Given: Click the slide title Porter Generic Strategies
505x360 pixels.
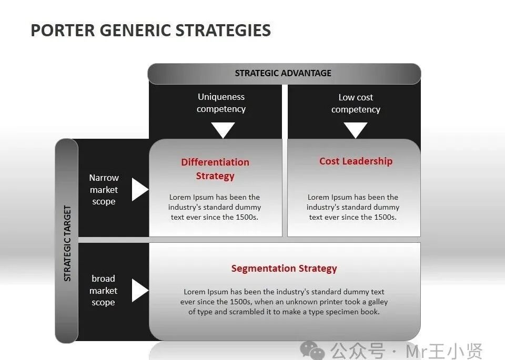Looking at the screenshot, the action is (x=150, y=30).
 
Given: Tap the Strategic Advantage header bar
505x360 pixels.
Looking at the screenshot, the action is (x=284, y=74).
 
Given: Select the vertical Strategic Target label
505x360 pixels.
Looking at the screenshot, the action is (x=67, y=243).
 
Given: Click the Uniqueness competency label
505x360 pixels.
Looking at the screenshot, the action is (x=221, y=103).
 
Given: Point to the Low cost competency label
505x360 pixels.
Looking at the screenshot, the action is (x=356, y=104).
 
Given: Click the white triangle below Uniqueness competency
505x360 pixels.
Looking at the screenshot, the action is (x=223, y=129).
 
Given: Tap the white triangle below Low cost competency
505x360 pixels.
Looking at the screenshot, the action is (x=356, y=129).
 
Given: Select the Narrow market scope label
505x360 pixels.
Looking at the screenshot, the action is (x=104, y=190).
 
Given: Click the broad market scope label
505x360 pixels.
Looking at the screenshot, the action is (x=103, y=291).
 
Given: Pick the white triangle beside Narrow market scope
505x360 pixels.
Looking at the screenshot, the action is (x=139, y=189).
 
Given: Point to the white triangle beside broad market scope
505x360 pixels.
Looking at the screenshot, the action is (x=139, y=291).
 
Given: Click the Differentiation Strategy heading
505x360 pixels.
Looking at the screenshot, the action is (x=215, y=169).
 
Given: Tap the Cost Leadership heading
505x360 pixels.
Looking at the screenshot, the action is (x=356, y=161).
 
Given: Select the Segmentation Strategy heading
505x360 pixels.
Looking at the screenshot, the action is (x=284, y=269).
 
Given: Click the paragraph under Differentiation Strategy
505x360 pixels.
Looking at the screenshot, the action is (x=215, y=207).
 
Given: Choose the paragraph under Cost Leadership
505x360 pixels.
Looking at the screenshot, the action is (x=353, y=207).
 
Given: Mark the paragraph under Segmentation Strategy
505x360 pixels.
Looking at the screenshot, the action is (x=284, y=302).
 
